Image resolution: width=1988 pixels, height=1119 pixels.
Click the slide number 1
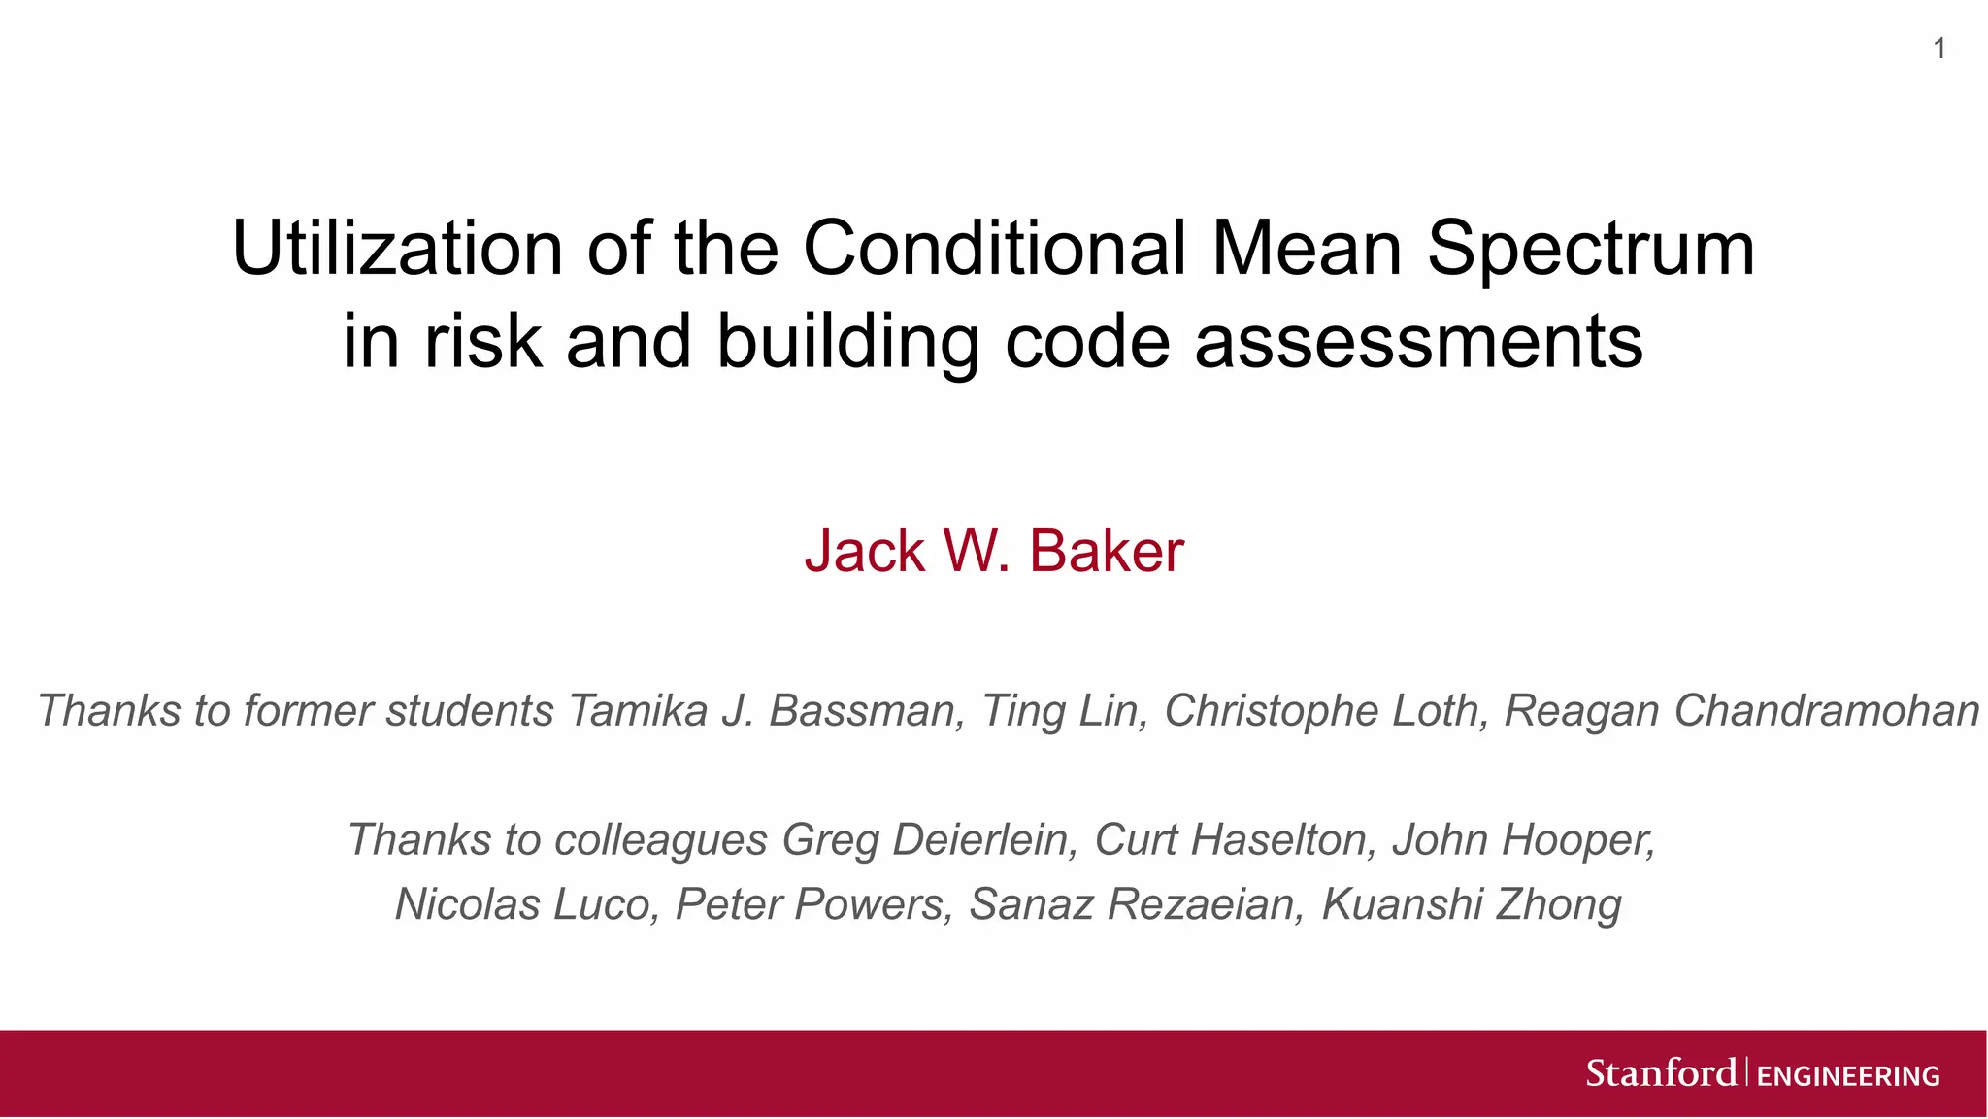pyautogui.click(x=1938, y=49)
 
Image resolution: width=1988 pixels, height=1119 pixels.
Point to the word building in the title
pyautogui.click(x=848, y=343)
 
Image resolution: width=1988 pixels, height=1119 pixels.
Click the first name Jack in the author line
pyautogui.click(x=864, y=552)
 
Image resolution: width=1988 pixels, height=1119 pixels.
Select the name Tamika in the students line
pyautogui.click(x=638, y=711)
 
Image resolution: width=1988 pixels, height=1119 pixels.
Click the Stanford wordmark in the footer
pyautogui.click(x=1661, y=1073)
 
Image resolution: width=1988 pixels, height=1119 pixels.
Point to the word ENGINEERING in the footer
pyautogui.click(x=1848, y=1076)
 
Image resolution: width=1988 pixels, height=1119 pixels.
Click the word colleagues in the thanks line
pyautogui.click(x=660, y=841)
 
